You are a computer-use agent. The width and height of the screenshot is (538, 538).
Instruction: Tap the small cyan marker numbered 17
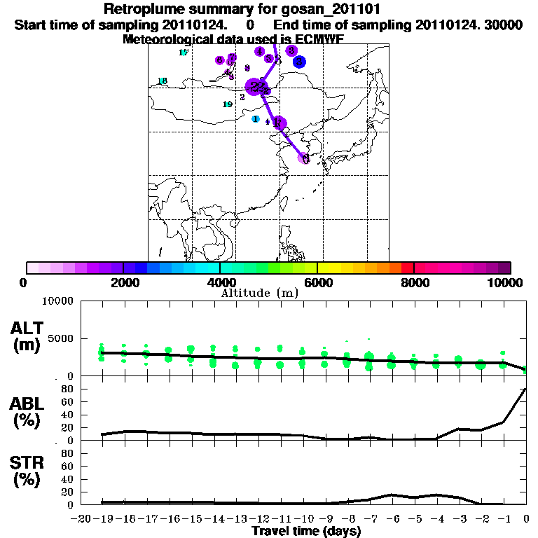pyautogui.click(x=184, y=53)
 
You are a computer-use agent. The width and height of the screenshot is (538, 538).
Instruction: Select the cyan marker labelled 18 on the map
pyautogui.click(x=163, y=81)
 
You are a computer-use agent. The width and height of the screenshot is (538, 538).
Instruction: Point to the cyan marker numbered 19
pyautogui.click(x=227, y=104)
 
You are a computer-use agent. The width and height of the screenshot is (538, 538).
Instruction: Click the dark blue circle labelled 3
pyautogui.click(x=299, y=62)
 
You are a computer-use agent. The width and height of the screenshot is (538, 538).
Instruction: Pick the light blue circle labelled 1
pyautogui.click(x=256, y=119)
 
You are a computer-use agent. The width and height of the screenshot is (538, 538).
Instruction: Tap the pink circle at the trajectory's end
pyautogui.click(x=304, y=158)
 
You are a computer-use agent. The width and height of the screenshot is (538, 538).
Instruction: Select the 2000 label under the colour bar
pyautogui.click(x=123, y=282)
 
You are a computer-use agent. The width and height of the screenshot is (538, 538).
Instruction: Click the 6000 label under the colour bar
pyautogui.click(x=317, y=282)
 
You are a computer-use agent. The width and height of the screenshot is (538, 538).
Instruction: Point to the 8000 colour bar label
pyautogui.click(x=414, y=282)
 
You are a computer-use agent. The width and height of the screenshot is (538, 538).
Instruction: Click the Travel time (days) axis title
pyautogui.click(x=306, y=532)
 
